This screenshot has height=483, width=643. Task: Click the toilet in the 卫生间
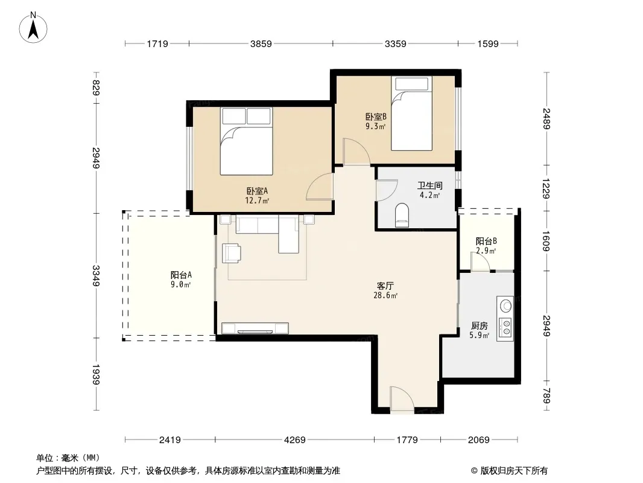click(402, 215)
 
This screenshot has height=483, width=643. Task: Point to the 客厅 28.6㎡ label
click(385, 290)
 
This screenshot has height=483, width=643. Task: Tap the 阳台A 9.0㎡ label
click(181, 280)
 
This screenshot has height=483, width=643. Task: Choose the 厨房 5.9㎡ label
click(479, 330)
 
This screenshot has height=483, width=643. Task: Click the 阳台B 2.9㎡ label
click(486, 245)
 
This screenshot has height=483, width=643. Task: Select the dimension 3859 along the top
click(261, 43)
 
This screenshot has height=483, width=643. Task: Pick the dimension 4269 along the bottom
click(294, 440)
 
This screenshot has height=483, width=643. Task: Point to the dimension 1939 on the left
click(96, 374)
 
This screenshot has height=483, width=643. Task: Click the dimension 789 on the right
click(546, 395)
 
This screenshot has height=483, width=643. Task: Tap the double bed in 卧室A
click(247, 141)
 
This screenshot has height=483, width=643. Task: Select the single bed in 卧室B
click(411, 114)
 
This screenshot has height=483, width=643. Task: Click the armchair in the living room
click(231, 253)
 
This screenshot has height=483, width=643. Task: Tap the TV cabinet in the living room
click(255, 328)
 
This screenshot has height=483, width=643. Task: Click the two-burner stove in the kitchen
click(505, 326)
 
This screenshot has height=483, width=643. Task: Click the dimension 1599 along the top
click(487, 43)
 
